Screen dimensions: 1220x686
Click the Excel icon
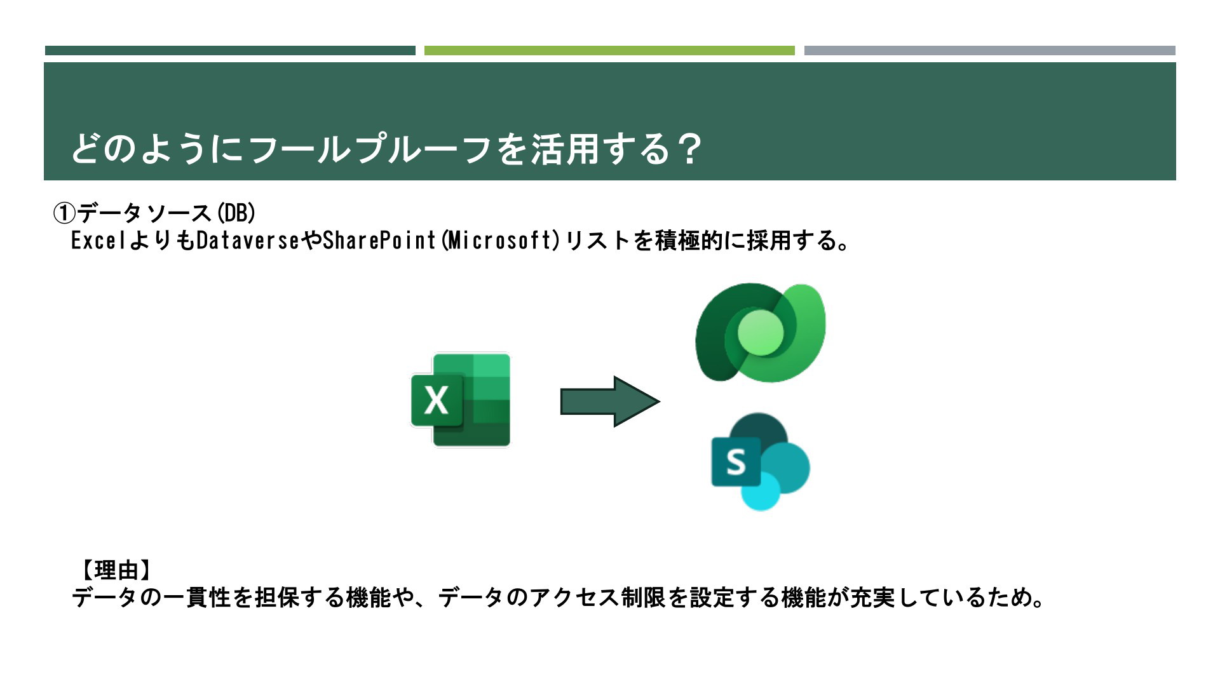tap(461, 400)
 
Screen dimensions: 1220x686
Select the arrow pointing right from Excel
tap(610, 401)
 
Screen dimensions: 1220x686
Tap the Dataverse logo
tap(761, 333)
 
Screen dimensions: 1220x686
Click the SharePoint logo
tap(761, 462)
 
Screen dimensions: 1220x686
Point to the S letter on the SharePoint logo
tap(736, 462)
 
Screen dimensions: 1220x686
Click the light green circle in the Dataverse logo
tap(761, 334)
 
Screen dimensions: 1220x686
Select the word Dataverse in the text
tap(248, 241)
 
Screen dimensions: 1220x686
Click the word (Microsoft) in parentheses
tap(499, 241)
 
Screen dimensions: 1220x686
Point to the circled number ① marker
tap(64, 213)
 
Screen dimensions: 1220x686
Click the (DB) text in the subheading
tap(236, 213)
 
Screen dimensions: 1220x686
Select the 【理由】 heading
tap(116, 570)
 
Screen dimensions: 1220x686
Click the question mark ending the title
tap(688, 149)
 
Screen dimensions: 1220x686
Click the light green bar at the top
tap(609, 51)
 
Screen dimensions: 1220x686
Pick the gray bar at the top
tap(990, 51)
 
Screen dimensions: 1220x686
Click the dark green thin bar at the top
tap(230, 51)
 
